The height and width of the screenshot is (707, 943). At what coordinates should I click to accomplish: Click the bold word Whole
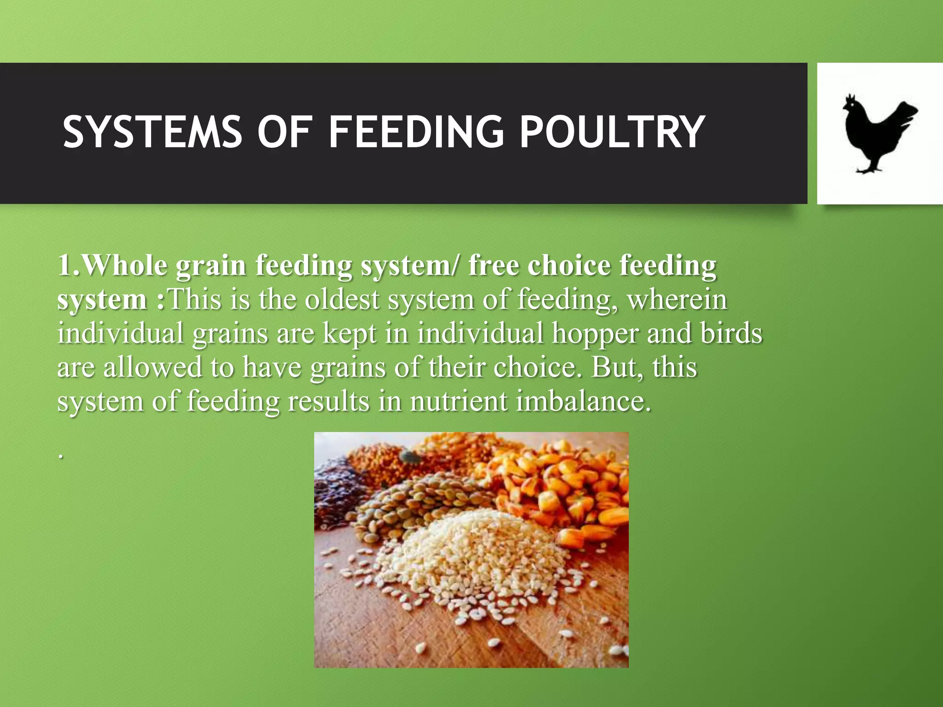pos(124,266)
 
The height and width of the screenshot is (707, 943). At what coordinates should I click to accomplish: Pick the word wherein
pos(677,299)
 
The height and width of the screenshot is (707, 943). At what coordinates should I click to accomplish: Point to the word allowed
pos(152,367)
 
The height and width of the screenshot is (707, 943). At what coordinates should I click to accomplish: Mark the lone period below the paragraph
pos(60,457)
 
